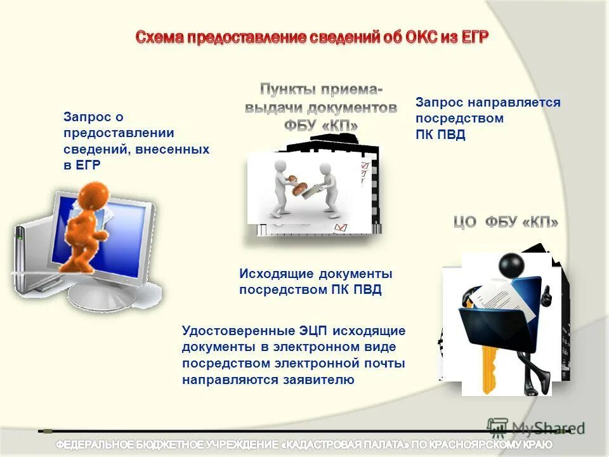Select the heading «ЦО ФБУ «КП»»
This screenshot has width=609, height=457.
click(x=506, y=222)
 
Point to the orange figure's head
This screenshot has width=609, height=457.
click(x=95, y=194)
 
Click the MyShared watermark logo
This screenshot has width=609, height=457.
click(x=536, y=428)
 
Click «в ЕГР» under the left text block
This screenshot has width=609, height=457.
click(x=82, y=165)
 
